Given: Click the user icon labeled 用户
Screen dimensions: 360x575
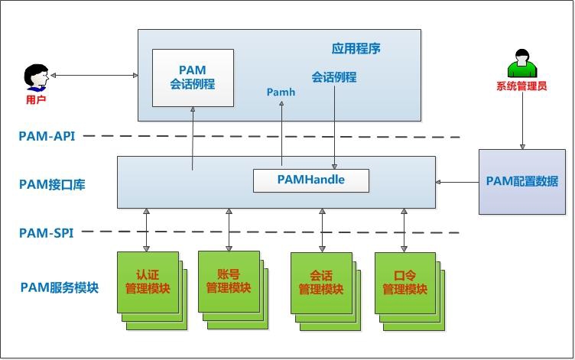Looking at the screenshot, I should [x=35, y=76].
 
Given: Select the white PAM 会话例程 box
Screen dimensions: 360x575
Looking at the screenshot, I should [x=192, y=77].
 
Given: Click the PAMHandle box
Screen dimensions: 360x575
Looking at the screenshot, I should [x=310, y=180].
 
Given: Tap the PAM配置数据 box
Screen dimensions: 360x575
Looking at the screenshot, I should [x=522, y=181].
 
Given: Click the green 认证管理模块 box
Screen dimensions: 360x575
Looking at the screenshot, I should [x=148, y=282].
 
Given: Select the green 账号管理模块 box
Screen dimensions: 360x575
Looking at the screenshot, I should [x=229, y=281].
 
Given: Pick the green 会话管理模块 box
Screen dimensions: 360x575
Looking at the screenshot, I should [x=320, y=282].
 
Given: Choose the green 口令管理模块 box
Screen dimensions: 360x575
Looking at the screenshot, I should [x=404, y=282].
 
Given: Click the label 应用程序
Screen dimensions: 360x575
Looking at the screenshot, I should [x=356, y=49].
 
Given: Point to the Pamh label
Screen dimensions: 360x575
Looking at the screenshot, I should [x=281, y=92].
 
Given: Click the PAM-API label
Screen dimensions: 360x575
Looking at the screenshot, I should [x=47, y=136].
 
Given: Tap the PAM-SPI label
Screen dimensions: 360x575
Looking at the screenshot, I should [x=46, y=232].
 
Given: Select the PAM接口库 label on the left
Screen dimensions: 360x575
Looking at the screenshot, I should [x=52, y=183].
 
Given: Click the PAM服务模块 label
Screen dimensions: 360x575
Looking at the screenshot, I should [x=59, y=287].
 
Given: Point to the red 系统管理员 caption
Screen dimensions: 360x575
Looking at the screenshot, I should [x=521, y=86].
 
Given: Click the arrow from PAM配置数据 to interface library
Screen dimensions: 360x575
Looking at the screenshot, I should [x=456, y=182].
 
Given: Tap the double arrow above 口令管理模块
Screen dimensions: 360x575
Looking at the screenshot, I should [x=404, y=229].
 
